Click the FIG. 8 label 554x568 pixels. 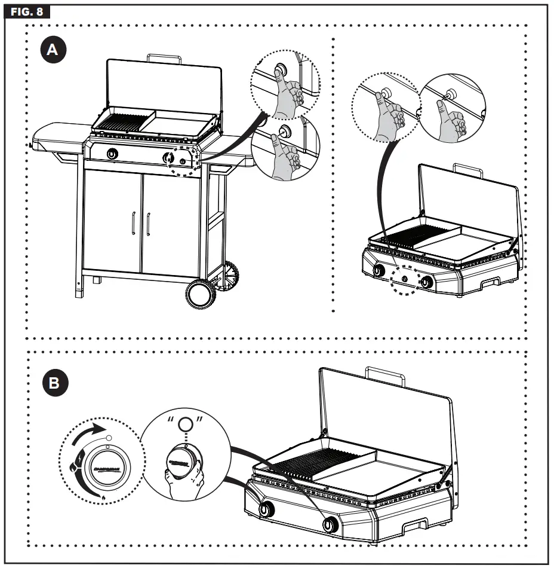pyautogui.click(x=27, y=11)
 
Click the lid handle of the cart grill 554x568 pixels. pyautogui.click(x=164, y=57)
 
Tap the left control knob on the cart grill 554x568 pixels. pyautogui.click(x=112, y=154)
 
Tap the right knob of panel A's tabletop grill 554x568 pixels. pyautogui.click(x=427, y=281)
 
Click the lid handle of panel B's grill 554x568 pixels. pyautogui.click(x=385, y=375)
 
